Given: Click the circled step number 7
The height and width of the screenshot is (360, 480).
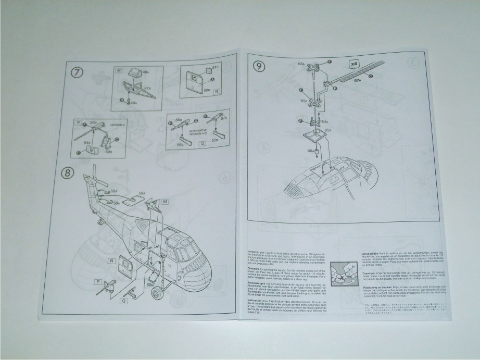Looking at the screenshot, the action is pos(77,72).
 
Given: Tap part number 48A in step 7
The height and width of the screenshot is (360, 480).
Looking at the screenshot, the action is pos(146,71).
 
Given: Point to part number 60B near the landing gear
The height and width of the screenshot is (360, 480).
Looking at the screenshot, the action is pos(149,284).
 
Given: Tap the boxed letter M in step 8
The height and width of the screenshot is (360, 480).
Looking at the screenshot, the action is pos(165,202).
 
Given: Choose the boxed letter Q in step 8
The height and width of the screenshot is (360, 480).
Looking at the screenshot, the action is pos(124,301).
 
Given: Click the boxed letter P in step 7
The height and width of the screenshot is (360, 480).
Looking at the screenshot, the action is pos(79,123).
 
